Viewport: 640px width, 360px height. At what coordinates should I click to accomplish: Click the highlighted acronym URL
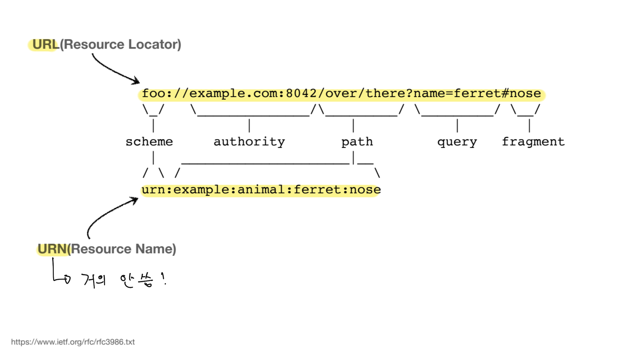point(46,44)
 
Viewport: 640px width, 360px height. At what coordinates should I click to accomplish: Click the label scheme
point(149,142)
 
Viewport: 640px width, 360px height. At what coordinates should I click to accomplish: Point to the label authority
point(249,142)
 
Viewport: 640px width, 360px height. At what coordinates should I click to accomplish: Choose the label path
point(357,142)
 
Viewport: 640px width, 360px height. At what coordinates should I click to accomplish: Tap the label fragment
point(533,142)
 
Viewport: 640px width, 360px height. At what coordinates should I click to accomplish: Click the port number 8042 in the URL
point(301,93)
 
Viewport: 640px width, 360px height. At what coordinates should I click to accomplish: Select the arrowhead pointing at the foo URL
point(136,81)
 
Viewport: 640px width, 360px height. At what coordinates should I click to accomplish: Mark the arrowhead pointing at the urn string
point(135,200)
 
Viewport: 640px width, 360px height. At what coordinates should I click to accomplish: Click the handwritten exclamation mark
point(163,278)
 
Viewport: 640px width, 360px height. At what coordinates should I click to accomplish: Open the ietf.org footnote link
point(73,342)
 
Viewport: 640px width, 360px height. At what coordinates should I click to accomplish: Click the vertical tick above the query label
point(457,125)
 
